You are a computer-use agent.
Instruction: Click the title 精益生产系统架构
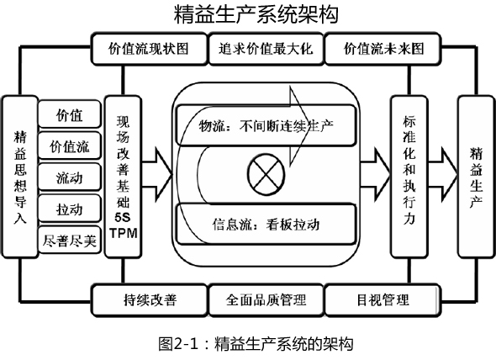pyautogui.click(x=256, y=13)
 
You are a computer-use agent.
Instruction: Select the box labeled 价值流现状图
pyautogui.click(x=149, y=49)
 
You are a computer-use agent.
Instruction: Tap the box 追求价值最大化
pyautogui.click(x=266, y=49)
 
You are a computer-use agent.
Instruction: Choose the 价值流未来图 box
pyautogui.click(x=383, y=49)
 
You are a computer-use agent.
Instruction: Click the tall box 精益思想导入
pyautogui.click(x=20, y=177)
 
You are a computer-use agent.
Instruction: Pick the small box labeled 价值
pyautogui.click(x=70, y=114)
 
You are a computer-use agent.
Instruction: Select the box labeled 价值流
pyautogui.click(x=70, y=146)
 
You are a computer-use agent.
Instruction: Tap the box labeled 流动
pyautogui.click(x=70, y=177)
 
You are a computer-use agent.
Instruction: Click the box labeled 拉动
pyautogui.click(x=70, y=209)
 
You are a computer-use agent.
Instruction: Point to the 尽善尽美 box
pyautogui.click(x=70, y=241)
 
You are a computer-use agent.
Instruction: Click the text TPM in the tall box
pyautogui.click(x=124, y=233)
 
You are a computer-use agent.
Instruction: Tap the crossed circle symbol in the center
pyautogui.click(x=266, y=174)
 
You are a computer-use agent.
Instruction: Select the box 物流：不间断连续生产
pyautogui.click(x=266, y=125)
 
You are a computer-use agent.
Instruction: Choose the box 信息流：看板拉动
pyautogui.click(x=266, y=225)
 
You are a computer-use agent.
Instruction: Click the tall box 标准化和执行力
pyautogui.click(x=409, y=177)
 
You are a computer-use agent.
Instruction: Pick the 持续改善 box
pyautogui.click(x=149, y=300)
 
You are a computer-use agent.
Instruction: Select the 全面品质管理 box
pyautogui.click(x=266, y=300)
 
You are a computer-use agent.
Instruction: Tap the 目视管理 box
pyautogui.click(x=383, y=300)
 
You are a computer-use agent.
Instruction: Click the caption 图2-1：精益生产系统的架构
pyautogui.click(x=256, y=343)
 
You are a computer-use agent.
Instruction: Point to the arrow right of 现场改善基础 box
pyautogui.click(x=156, y=174)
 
